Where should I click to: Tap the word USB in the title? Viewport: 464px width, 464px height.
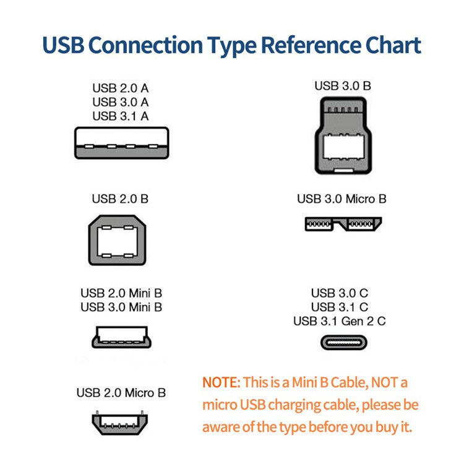point(63,45)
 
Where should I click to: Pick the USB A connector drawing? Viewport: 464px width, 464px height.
point(121,143)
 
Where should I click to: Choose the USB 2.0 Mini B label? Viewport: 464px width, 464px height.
point(121,293)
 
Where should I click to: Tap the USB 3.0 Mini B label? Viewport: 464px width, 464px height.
point(121,307)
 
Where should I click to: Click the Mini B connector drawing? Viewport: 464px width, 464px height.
point(121,337)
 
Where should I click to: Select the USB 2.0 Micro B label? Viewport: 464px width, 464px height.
point(121,393)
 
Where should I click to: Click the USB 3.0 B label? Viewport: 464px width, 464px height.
point(343,86)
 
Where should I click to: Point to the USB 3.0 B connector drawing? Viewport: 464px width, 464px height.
point(343,137)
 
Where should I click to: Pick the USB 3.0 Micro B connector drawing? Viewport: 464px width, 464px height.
point(343,223)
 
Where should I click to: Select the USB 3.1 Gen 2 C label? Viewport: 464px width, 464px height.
point(340,321)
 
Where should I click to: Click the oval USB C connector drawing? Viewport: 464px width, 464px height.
point(343,342)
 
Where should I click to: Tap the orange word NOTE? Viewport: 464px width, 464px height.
point(220,382)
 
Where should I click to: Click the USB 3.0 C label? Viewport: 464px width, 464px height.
point(340,293)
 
